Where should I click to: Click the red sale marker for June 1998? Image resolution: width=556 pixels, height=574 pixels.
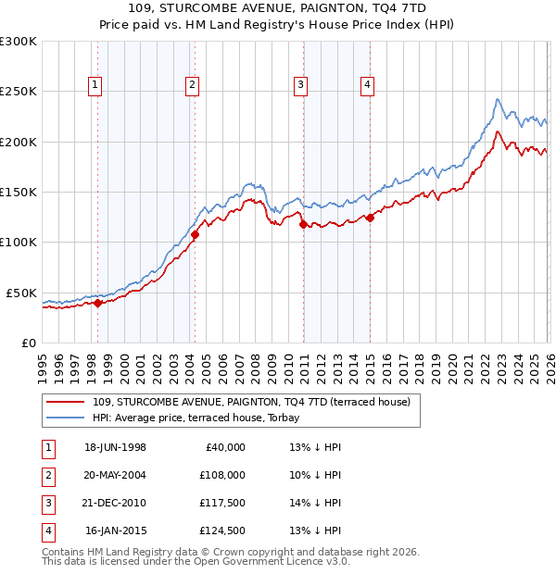(97, 302)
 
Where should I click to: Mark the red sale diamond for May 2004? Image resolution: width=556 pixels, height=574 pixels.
(195, 234)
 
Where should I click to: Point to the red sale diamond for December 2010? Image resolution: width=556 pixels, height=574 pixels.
(303, 224)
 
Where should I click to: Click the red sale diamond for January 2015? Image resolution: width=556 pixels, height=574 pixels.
(370, 218)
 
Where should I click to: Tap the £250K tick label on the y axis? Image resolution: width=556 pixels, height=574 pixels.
(18, 92)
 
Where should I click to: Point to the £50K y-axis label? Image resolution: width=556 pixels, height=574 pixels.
(20, 293)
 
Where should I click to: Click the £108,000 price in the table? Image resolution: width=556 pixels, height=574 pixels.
(222, 475)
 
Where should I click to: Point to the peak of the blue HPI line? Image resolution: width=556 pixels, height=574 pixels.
(498, 99)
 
